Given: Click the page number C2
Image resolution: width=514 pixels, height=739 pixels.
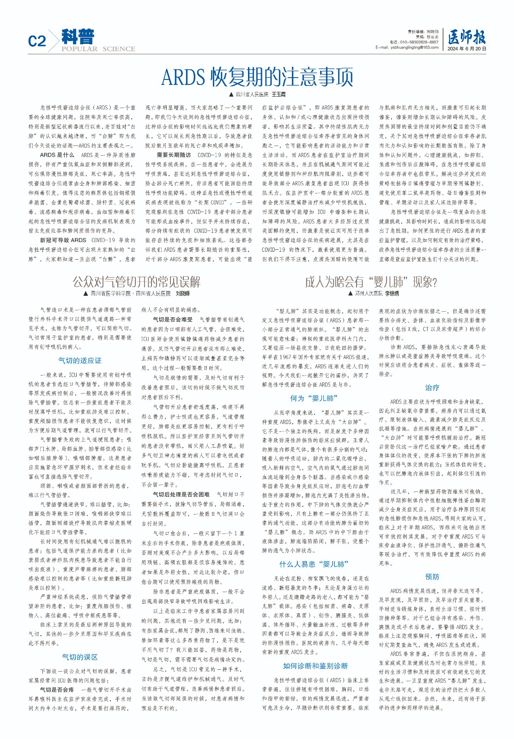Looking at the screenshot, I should pos(37,42).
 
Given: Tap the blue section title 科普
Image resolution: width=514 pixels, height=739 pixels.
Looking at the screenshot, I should pos(78,36).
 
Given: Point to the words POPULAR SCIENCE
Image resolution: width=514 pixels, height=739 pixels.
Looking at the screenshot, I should pos(98,49).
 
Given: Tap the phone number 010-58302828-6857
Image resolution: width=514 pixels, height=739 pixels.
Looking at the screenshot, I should pos(414,42).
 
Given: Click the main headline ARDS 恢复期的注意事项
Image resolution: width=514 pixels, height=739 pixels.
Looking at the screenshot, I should pos(257,77).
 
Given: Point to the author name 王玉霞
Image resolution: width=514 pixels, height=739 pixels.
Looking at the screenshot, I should pos(278,94).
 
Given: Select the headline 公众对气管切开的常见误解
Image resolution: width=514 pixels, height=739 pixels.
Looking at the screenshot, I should pos(136,281).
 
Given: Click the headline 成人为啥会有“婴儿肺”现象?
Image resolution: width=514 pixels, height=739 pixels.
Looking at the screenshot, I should pos(370,281).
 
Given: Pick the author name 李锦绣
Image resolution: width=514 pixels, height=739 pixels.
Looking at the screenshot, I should pos(390,293).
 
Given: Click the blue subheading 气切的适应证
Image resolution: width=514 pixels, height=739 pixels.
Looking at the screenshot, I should pos(80,360).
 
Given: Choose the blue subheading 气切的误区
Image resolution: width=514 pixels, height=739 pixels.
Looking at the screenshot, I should pos(80,657).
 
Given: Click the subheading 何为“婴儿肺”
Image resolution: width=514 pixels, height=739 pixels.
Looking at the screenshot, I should pos(314,398).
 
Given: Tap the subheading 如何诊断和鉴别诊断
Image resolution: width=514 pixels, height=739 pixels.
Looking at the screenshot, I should pos(315,666).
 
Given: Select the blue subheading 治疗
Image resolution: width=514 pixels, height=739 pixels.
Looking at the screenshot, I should pos(432,388).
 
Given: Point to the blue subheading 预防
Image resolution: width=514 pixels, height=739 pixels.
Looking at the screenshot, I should pos(432,577).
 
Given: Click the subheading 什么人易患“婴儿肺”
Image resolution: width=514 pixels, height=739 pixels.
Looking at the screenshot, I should pos(314,564).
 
